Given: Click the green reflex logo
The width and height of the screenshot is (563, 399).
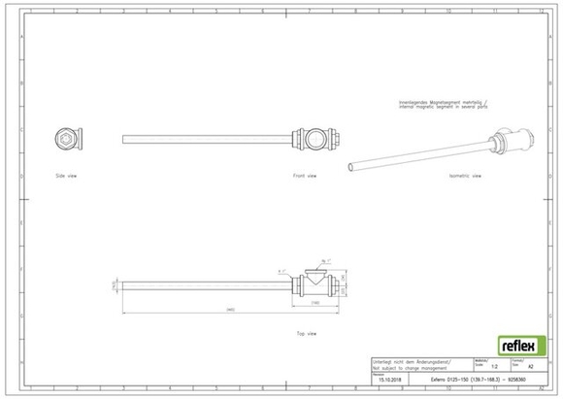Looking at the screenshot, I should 518,346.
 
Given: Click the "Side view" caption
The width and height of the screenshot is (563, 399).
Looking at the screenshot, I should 67,177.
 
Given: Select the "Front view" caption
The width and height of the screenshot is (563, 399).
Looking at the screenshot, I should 305,177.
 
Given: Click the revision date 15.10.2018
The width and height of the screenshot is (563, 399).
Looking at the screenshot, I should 388,380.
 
